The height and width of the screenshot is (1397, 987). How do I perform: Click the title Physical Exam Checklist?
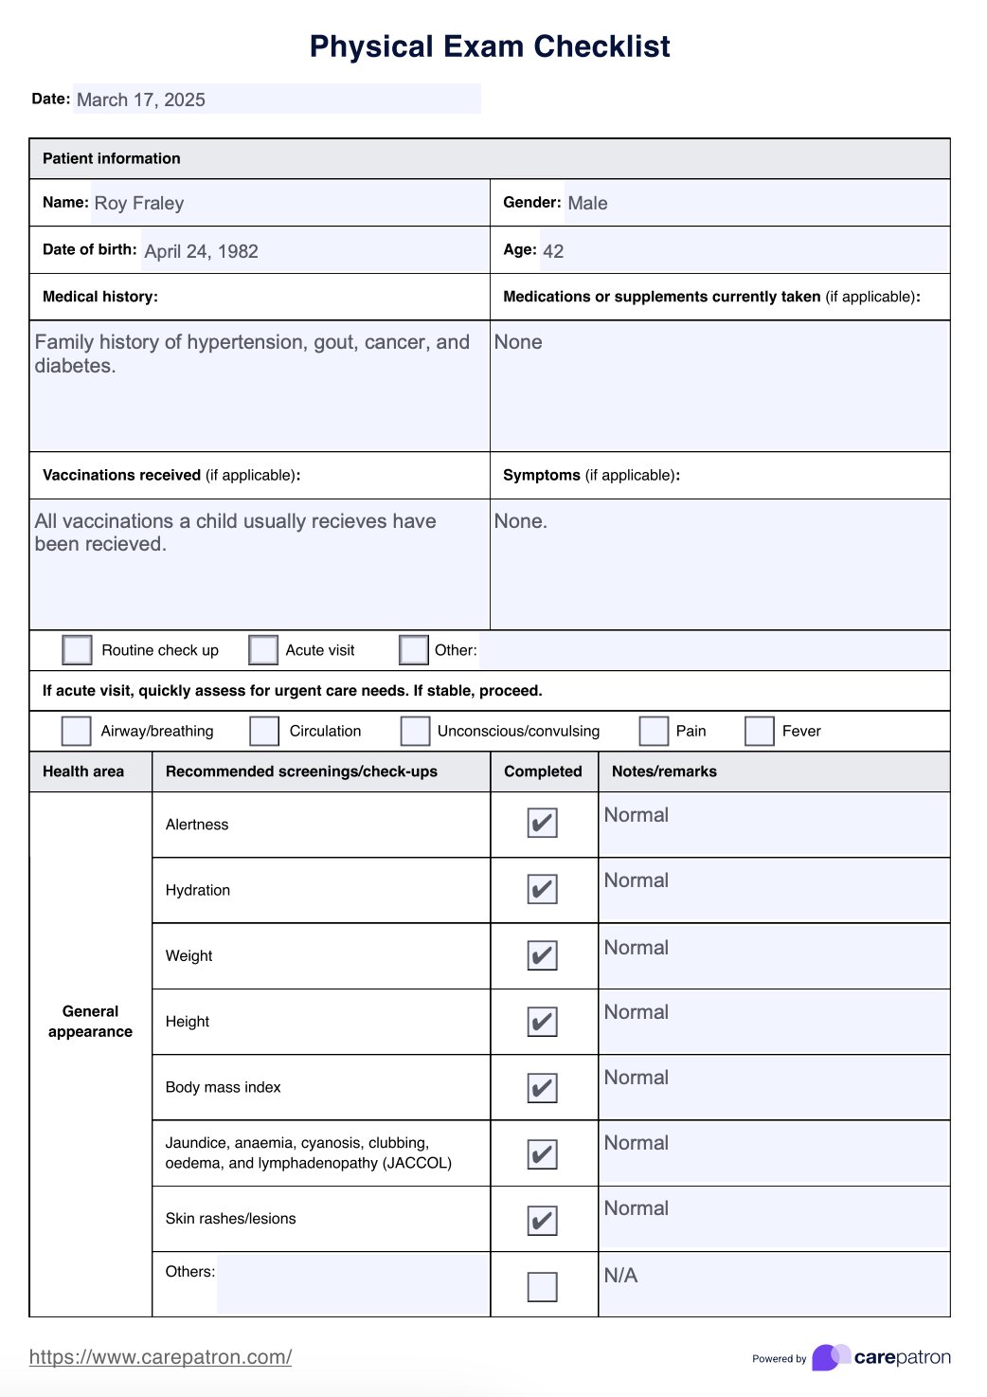tap(490, 46)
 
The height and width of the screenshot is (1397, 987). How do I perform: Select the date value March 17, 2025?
tap(141, 100)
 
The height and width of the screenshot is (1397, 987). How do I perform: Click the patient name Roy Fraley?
tap(139, 203)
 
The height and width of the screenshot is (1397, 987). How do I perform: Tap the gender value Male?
tap(587, 203)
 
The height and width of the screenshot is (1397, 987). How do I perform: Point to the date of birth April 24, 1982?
tap(201, 251)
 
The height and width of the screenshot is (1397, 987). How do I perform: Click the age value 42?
tap(553, 251)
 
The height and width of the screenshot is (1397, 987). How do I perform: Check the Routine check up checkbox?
tap(77, 650)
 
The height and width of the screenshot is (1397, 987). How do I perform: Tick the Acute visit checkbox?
tap(263, 650)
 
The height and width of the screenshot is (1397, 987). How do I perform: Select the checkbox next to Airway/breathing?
tap(76, 731)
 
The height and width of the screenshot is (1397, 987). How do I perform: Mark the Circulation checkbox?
tap(264, 731)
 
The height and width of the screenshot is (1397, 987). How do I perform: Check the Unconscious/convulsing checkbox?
tap(415, 731)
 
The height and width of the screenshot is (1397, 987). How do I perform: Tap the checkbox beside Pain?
tap(654, 731)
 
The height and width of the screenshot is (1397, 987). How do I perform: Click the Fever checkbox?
tap(760, 731)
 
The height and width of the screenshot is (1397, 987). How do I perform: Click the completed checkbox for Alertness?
tap(542, 823)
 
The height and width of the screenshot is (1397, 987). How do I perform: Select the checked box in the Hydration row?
tap(542, 889)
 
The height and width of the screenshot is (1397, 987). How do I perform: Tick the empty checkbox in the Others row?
tap(542, 1286)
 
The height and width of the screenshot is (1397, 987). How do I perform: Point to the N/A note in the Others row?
tap(620, 1276)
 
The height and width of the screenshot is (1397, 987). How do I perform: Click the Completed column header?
tap(543, 771)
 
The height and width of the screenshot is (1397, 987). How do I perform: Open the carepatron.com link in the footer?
tap(160, 1357)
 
